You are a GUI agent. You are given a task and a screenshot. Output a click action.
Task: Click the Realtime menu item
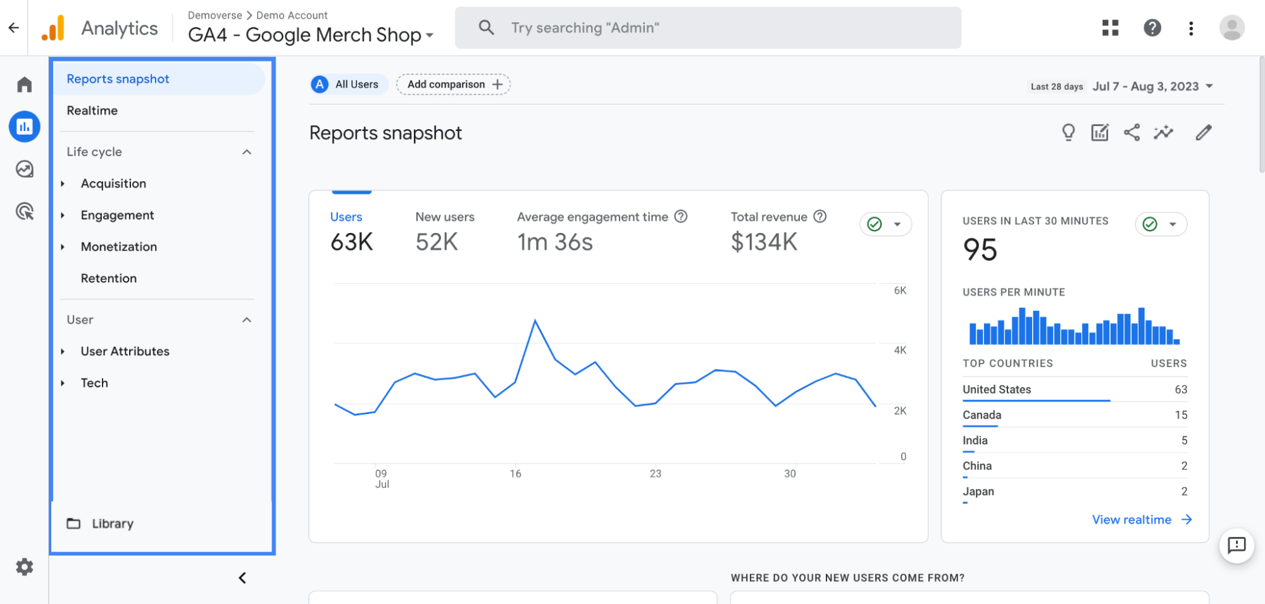click(92, 111)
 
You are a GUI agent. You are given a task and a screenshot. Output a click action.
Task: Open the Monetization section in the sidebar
click(118, 247)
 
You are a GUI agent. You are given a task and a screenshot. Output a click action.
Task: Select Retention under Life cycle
click(108, 279)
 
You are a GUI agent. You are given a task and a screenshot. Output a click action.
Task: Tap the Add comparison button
click(453, 85)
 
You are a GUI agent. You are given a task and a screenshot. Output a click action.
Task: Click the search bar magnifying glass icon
click(486, 28)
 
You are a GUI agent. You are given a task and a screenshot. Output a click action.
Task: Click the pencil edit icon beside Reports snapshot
click(1203, 133)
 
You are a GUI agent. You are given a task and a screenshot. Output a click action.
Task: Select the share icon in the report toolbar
click(1131, 133)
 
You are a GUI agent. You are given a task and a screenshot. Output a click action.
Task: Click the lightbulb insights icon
click(1068, 133)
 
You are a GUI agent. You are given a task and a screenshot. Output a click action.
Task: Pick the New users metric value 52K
click(437, 242)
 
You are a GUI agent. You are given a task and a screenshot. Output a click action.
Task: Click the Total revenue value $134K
click(764, 242)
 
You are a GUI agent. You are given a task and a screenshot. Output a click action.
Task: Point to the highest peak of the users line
click(535, 321)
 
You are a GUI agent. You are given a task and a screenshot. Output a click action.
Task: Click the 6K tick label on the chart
click(900, 291)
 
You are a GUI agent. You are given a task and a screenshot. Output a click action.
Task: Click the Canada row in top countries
click(982, 415)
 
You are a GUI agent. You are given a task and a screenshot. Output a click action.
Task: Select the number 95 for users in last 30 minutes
click(980, 249)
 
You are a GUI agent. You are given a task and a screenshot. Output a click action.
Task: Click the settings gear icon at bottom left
click(25, 567)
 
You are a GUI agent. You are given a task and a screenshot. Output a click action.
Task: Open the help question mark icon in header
click(1152, 28)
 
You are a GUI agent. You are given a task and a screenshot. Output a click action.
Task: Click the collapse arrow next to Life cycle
click(247, 152)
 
